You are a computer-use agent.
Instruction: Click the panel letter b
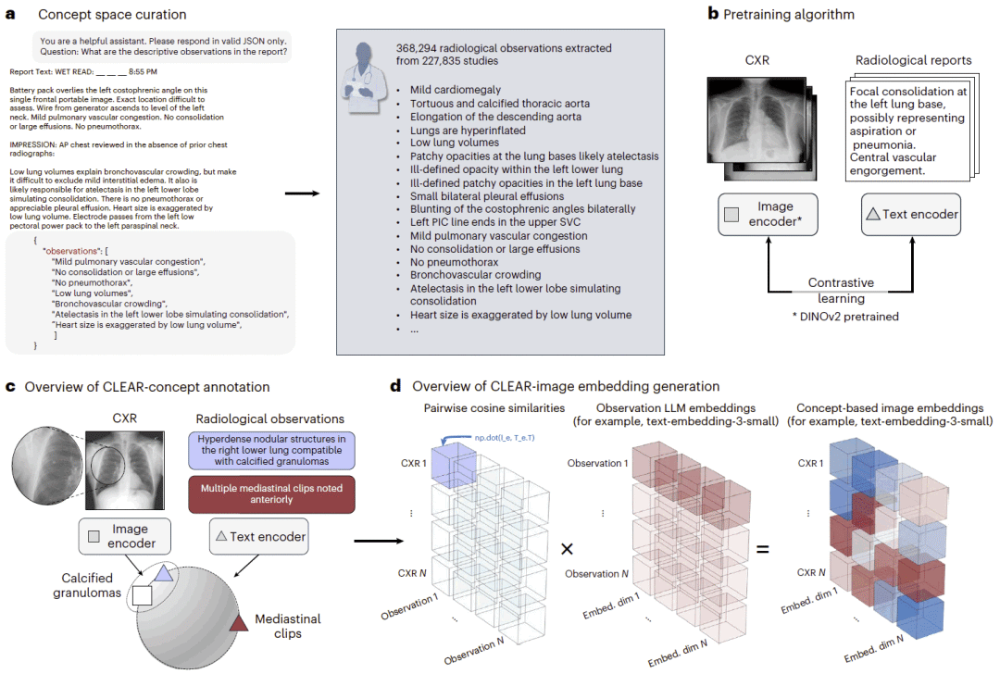[x=713, y=13]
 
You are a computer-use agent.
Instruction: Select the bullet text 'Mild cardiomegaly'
[x=456, y=90]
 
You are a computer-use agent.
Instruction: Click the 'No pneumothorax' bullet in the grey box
[x=454, y=262]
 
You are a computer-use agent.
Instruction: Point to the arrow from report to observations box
[x=302, y=193]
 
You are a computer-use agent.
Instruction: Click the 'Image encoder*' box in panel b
[x=768, y=215]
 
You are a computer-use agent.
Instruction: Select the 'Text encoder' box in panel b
[x=911, y=215]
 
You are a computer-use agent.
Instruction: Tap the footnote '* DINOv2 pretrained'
[x=845, y=317]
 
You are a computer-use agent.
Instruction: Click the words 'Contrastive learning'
[x=841, y=290]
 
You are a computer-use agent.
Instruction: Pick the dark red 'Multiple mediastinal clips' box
[x=271, y=494]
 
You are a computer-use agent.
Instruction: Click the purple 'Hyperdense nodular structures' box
[x=271, y=450]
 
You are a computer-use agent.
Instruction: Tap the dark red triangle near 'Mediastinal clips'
[x=239, y=623]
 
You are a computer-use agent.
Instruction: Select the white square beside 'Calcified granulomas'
[x=143, y=595]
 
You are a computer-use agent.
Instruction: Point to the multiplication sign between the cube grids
[x=567, y=549]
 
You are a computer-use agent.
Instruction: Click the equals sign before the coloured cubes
[x=762, y=549]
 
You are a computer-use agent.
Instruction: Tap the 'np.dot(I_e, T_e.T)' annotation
[x=505, y=438]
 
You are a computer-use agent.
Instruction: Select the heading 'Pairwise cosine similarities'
[x=494, y=408]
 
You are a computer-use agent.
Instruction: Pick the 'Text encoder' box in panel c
[x=259, y=537]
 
